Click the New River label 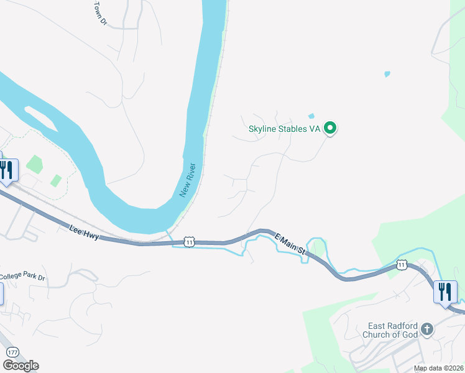188,181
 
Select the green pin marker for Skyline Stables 331,129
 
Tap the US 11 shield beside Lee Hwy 190,242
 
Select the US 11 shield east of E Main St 402,265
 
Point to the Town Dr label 99,12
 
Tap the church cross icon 426,328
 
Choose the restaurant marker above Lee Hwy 7,169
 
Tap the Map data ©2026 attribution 438,368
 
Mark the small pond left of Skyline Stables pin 311,116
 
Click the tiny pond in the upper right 387,74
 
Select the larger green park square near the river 34,165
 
